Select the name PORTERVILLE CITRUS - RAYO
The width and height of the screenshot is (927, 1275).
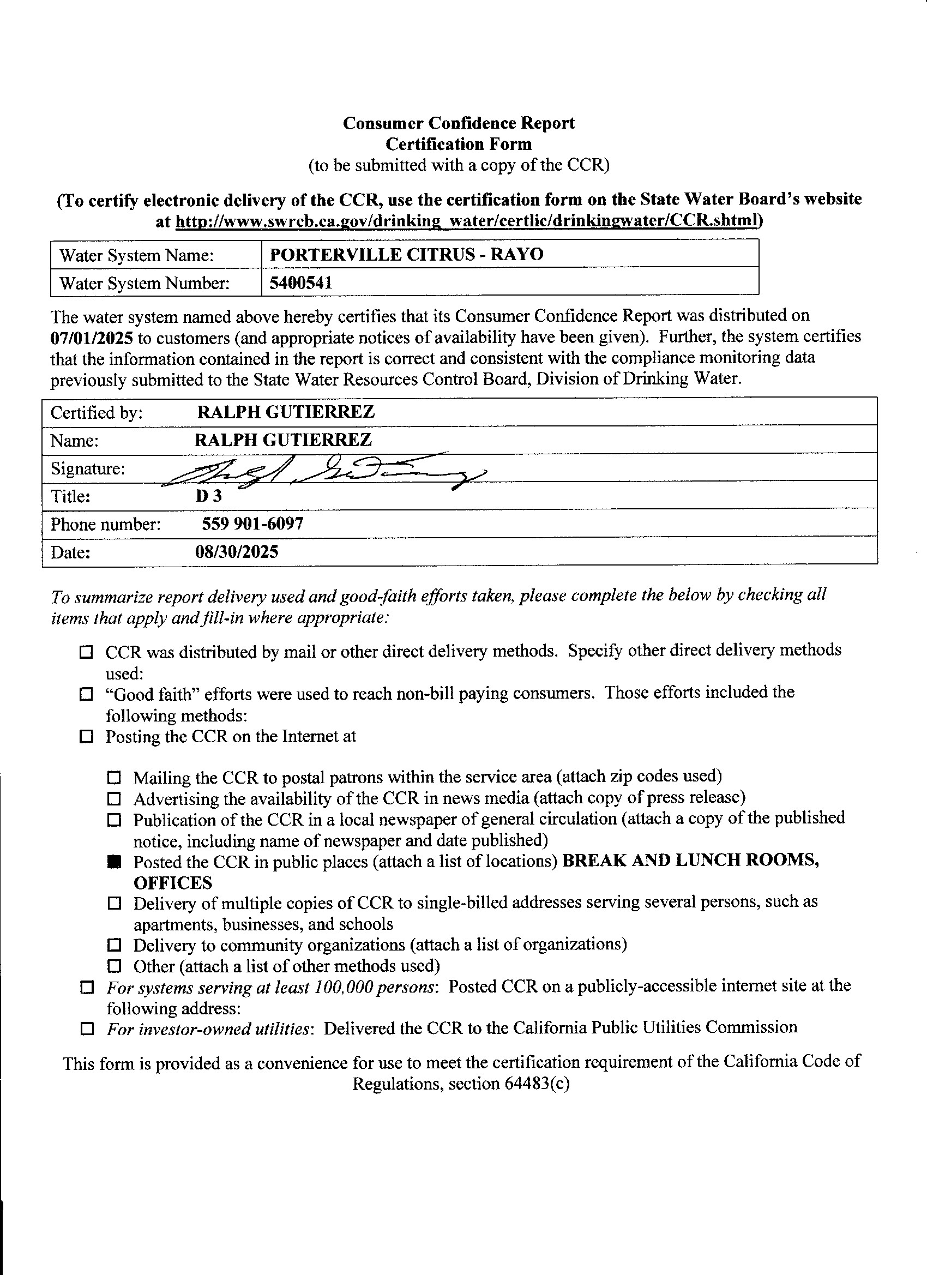[406, 254]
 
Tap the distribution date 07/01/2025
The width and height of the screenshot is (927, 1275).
[92, 338]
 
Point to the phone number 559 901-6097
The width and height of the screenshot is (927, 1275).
[252, 524]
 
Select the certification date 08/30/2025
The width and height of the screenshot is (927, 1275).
[237, 551]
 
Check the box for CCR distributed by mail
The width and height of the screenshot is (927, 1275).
[86, 652]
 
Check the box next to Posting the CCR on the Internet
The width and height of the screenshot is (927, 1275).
[86, 736]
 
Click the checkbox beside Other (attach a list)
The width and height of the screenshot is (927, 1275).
[115, 966]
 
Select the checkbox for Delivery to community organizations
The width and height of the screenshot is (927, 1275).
[115, 945]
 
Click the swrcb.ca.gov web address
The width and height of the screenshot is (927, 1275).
[468, 221]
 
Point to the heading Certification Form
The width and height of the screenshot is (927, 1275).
[459, 144]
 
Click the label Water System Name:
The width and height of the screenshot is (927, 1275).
[137, 256]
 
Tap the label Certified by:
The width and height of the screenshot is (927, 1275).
[97, 413]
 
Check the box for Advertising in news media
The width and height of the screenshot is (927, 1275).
[115, 798]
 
